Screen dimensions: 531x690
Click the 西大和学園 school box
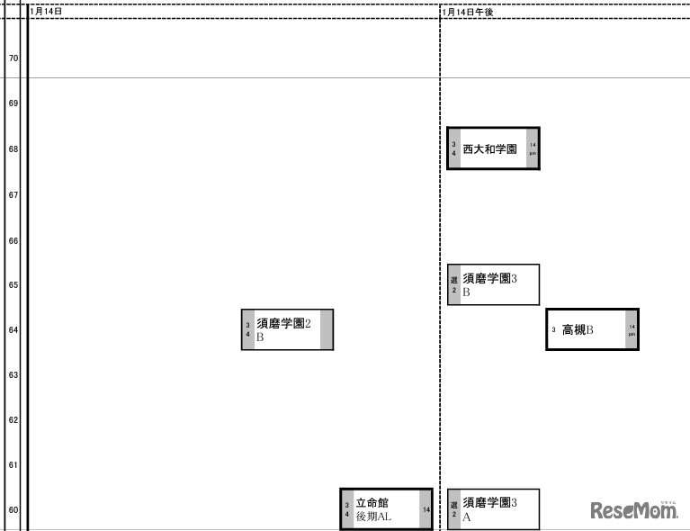[493, 148]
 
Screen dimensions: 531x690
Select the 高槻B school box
[592, 329]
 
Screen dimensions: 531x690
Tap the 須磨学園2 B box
[287, 329]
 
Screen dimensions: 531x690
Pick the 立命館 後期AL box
[386, 509]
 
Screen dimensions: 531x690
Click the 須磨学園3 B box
[493, 284]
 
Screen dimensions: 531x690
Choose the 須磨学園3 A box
[493, 509]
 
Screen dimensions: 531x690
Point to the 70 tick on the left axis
[13, 58]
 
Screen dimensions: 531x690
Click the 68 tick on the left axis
[13, 149]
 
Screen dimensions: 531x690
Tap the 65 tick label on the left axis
[13, 284]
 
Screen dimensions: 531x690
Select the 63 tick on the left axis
[13, 374]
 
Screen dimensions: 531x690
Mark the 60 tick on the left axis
[13, 510]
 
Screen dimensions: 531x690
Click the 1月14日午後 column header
[468, 12]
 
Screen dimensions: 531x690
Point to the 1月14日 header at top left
[46, 12]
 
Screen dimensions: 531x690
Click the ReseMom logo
[633, 510]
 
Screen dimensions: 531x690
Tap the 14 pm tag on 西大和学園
[533, 148]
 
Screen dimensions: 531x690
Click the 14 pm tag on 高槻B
[632, 329]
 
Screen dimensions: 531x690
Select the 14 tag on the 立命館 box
[426, 509]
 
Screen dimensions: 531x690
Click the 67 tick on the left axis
[13, 194]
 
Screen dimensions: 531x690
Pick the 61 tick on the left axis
[13, 465]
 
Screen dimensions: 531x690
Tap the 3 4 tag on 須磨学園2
[248, 329]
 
